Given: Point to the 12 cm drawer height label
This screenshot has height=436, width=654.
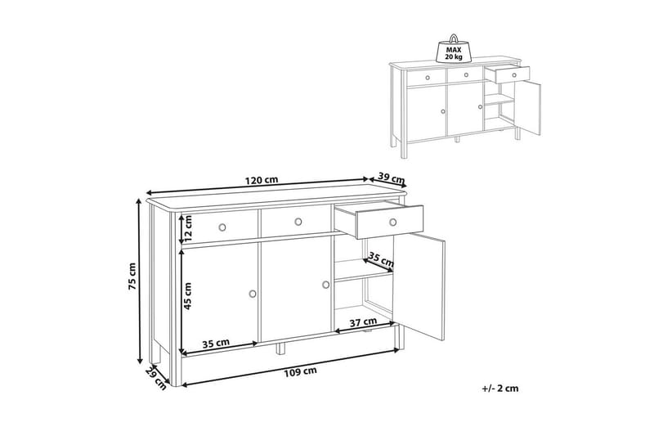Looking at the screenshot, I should (x=187, y=229).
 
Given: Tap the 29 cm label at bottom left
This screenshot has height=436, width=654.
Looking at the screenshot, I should (x=155, y=378).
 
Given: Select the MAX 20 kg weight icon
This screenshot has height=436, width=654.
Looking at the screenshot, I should (x=453, y=47).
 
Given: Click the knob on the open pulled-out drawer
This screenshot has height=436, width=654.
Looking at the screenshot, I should (x=393, y=222).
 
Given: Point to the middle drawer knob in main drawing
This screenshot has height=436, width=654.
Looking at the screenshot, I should (x=298, y=222).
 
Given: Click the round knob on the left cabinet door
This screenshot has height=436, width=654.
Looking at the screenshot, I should (x=253, y=292).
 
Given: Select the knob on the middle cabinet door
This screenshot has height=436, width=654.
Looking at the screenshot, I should (x=325, y=284).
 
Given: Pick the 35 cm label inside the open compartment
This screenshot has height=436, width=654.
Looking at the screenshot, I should (x=381, y=260).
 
